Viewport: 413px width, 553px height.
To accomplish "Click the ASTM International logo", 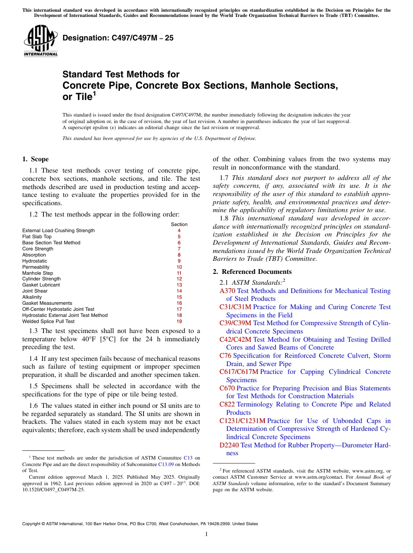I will coord(40,42).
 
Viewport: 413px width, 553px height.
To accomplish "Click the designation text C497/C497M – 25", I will coord(118,38).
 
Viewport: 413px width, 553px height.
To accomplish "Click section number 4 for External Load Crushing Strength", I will coord(179,230).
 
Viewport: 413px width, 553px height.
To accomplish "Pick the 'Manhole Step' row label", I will coord(37,273).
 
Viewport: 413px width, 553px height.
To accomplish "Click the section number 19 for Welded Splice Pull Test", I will coord(179,321).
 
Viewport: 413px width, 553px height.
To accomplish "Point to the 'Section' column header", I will coord(179,224).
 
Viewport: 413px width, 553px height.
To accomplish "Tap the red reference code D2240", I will coord(229,445).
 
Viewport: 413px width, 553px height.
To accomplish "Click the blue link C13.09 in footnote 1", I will coord(166,464).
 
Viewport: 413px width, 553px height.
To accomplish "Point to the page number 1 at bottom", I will coord(206,534).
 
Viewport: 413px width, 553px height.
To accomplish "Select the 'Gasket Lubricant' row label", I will coord(41,285).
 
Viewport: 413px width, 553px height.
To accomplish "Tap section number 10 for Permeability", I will coord(179,267).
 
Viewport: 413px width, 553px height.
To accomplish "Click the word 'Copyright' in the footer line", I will coord(33,524).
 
